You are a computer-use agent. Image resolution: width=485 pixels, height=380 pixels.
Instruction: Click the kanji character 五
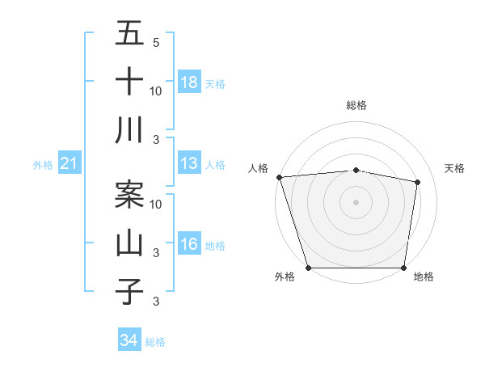coord(129,34)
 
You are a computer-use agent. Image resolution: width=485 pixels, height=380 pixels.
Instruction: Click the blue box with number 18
coord(189,82)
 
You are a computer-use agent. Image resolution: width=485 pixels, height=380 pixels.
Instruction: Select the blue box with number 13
coord(189,164)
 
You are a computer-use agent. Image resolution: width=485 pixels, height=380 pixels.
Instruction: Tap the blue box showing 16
coord(189,245)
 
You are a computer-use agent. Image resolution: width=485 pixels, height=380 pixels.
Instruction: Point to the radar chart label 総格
coord(356,105)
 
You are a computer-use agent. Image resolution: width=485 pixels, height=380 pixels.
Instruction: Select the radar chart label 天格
coord(455,168)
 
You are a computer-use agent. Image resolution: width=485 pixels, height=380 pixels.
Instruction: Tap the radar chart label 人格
coord(258,168)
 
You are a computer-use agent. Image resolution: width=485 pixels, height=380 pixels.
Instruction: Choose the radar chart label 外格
coord(285,277)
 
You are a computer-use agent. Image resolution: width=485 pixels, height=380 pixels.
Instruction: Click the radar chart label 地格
coord(424,277)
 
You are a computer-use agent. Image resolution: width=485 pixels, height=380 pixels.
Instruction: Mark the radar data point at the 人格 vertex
coord(279,177)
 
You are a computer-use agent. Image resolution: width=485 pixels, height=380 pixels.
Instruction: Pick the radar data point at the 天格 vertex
coord(418,182)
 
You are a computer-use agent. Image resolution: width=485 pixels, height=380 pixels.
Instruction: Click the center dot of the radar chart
coord(356,202)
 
